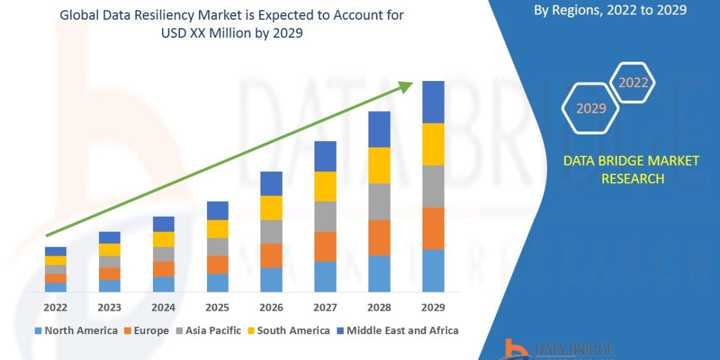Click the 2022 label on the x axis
click(56, 308)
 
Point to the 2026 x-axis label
click(271, 308)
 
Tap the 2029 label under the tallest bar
click(433, 308)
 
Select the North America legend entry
click(76, 331)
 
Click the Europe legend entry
click(147, 331)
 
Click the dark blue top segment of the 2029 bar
click(433, 102)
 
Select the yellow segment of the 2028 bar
click(379, 165)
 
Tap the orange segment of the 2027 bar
click(325, 246)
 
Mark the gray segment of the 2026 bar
click(271, 231)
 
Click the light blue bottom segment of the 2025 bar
click(218, 283)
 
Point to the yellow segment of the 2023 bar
click(110, 250)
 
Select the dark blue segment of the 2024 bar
click(164, 224)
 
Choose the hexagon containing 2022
click(633, 83)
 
